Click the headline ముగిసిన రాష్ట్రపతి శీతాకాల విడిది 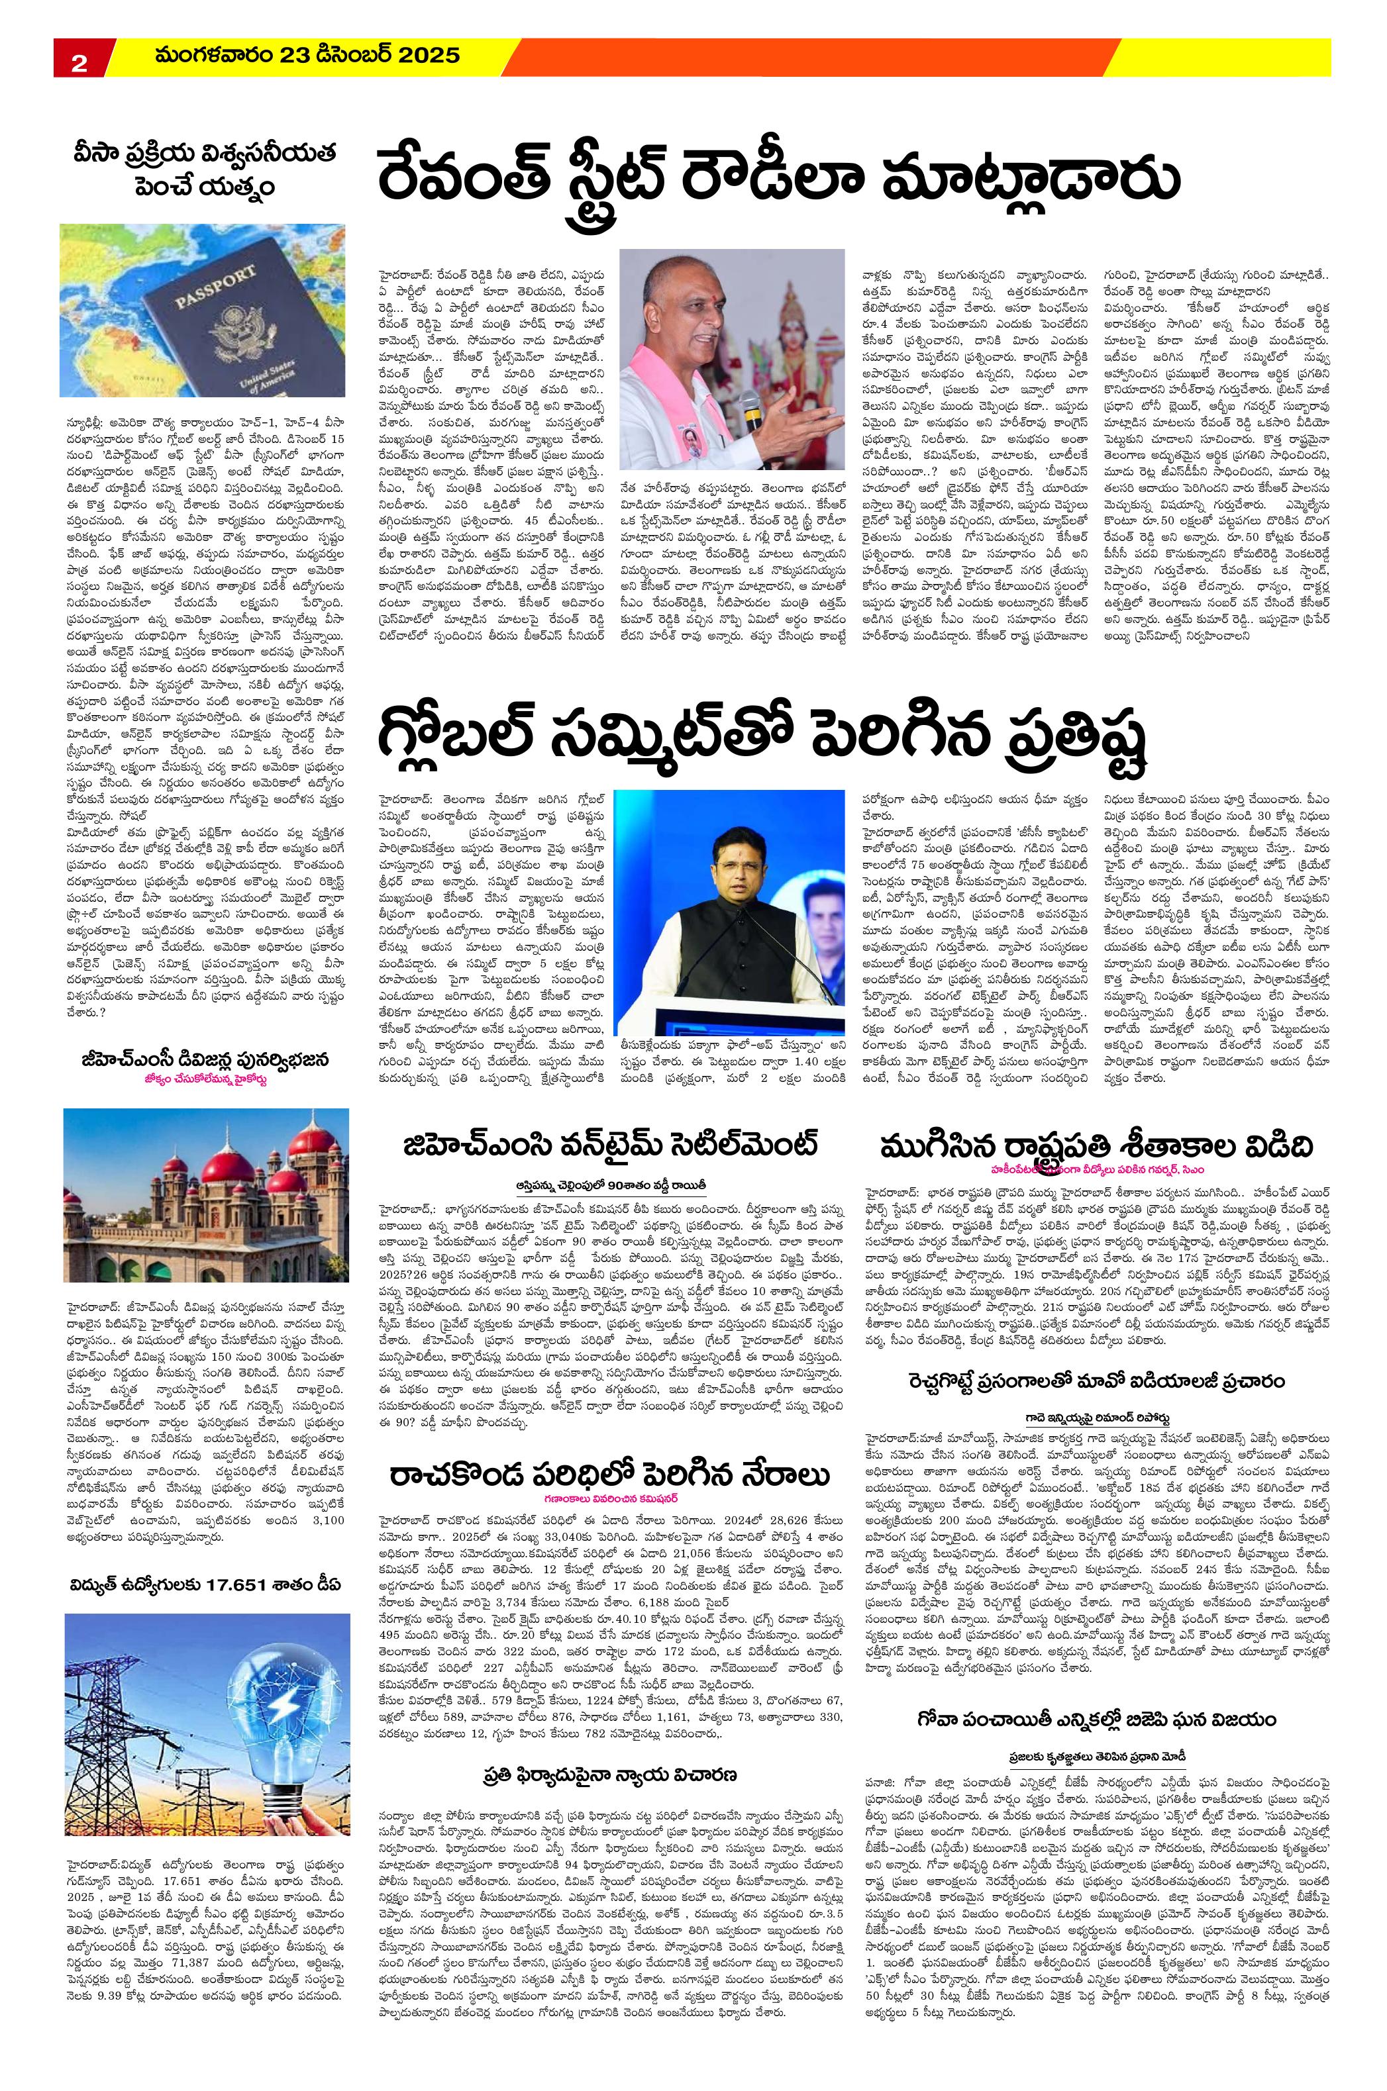(x=1097, y=1147)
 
